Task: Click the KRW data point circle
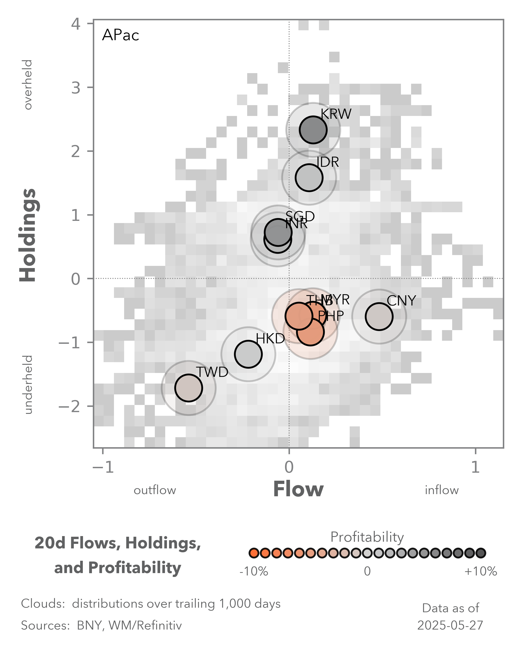pos(313,130)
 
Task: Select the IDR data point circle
pos(309,178)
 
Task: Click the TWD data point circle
pos(188,388)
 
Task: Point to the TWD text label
pos(212,372)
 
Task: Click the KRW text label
pos(336,114)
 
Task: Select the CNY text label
pos(401,301)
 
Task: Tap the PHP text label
pos(331,316)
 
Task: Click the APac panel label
pos(120,35)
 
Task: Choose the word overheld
pos(28,85)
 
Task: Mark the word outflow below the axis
pos(155,490)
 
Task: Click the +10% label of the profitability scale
pos(481,571)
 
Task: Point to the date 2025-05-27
pos(450,625)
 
